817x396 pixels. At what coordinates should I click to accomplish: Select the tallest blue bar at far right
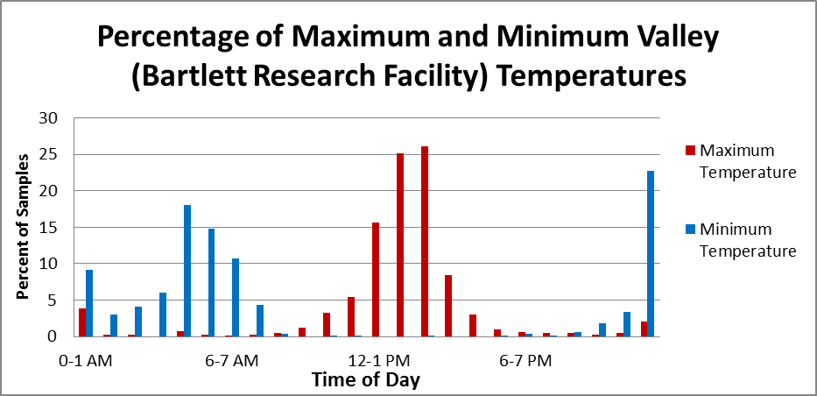coord(651,253)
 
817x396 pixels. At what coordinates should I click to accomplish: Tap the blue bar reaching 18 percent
coord(187,271)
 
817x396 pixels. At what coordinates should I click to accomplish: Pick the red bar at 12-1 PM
coord(376,279)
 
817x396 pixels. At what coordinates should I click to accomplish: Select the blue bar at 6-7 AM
coord(236,297)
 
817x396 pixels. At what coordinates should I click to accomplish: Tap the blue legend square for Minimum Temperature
coord(688,230)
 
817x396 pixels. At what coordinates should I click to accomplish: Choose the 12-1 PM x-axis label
coord(376,361)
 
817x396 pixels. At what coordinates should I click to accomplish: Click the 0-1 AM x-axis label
coord(86,361)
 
